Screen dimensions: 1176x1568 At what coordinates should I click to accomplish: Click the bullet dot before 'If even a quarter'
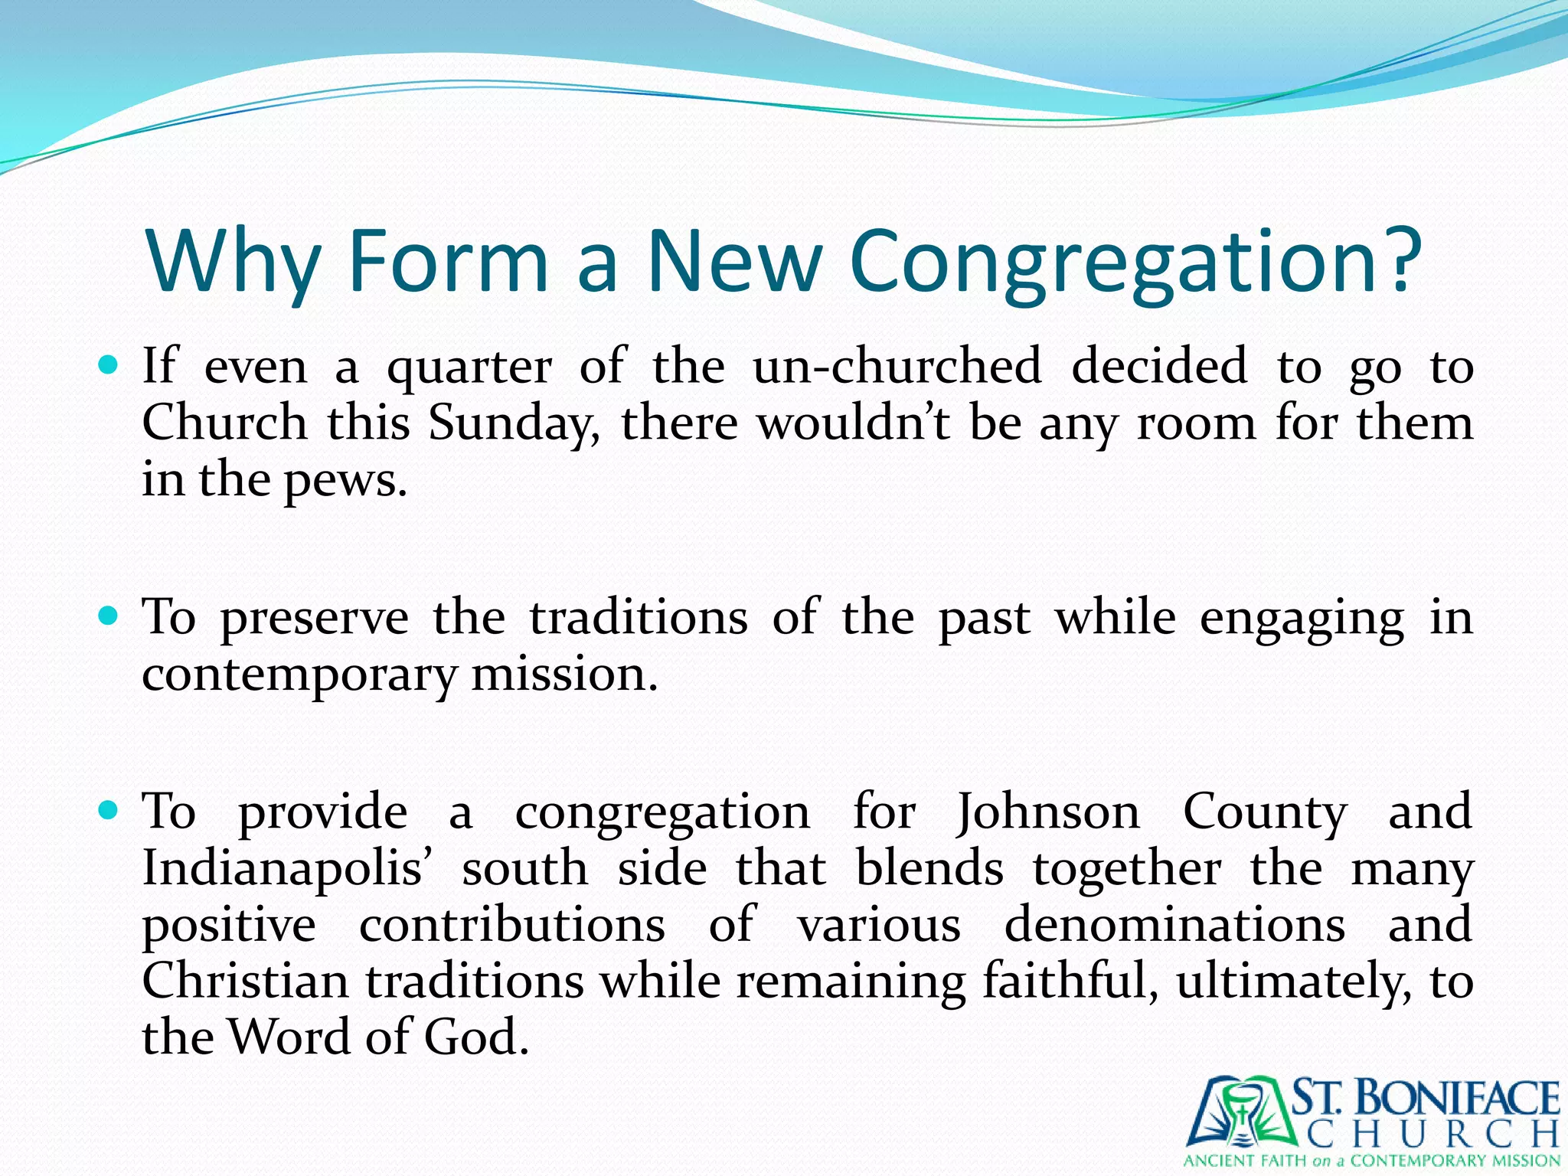tap(109, 364)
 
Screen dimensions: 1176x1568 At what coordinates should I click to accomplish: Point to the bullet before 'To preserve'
tap(109, 615)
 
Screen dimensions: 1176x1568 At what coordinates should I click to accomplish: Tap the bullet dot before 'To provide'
tap(109, 809)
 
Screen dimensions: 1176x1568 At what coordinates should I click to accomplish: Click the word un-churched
tap(897, 366)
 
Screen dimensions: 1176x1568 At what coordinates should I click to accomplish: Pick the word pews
tap(345, 482)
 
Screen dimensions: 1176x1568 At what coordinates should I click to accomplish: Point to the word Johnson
tap(1047, 812)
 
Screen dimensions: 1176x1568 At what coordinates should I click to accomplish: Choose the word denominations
tap(1174, 925)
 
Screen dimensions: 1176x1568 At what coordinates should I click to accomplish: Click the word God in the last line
tap(475, 1038)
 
